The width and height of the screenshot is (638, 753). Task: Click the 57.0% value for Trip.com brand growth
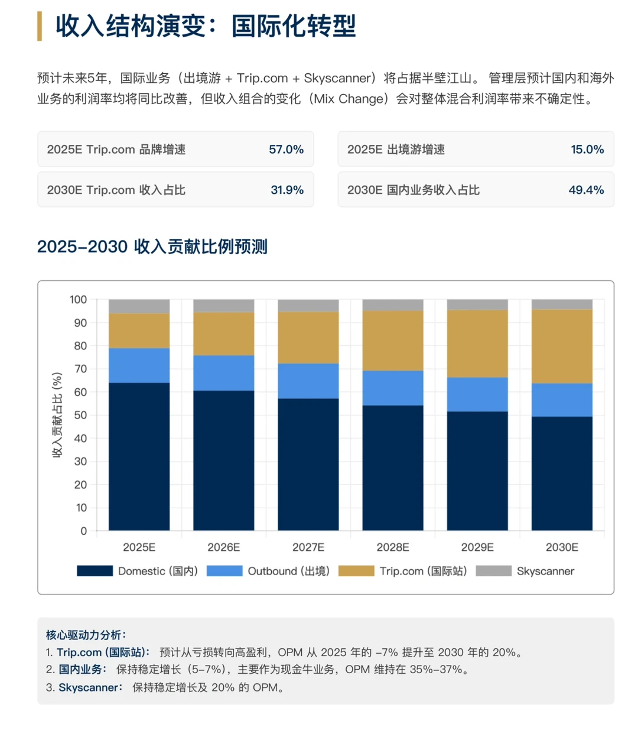[x=286, y=150]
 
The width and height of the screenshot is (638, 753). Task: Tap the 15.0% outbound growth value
[x=587, y=150]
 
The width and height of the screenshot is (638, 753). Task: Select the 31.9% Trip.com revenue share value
[x=287, y=190]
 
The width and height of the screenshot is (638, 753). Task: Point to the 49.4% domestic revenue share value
[x=586, y=190]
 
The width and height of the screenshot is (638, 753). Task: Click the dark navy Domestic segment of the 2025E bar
[x=139, y=456]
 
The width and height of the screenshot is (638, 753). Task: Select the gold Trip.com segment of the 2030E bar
[x=562, y=346]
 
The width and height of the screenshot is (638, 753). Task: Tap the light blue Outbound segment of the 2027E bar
[x=308, y=381]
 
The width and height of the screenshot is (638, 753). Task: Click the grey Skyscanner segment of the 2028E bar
[x=393, y=305]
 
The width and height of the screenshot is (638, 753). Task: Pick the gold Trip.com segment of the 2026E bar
[x=224, y=333]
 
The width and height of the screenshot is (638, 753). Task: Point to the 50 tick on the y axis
[x=80, y=416]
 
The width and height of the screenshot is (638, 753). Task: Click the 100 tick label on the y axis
[x=78, y=300]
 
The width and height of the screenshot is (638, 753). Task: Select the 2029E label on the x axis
[x=477, y=547]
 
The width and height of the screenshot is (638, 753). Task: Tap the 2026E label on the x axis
[x=224, y=547]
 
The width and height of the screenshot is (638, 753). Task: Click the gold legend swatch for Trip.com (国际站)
[x=356, y=571]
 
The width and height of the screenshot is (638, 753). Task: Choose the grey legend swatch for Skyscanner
[x=493, y=571]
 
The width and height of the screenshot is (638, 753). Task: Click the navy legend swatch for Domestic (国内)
[x=95, y=571]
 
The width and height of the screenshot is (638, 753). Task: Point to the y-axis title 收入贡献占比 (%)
[x=57, y=415]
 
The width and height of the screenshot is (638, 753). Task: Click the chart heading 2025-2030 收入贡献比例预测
[x=152, y=246]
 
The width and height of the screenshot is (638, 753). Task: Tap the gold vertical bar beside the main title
[x=40, y=26]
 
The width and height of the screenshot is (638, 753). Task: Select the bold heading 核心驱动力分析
[x=86, y=635]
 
